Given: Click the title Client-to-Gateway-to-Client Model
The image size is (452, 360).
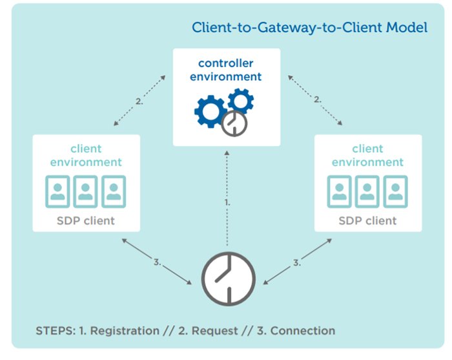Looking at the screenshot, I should pos(309,28).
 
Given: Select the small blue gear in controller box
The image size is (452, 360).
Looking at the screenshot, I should pos(240,101).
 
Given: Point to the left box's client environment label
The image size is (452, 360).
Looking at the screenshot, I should pos(86,155).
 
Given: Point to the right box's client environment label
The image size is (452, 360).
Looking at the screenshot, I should pos(367,155).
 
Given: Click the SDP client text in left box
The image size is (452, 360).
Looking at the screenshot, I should pos(86,220).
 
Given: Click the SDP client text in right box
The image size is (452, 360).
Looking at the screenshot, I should pos(367,220).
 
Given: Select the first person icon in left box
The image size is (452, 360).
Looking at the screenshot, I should pos(57,191).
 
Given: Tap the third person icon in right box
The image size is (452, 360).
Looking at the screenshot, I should pos(395,191).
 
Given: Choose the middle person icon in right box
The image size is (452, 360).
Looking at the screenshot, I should pos(367,191).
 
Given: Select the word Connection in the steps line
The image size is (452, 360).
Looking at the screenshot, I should pos(303,331).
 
